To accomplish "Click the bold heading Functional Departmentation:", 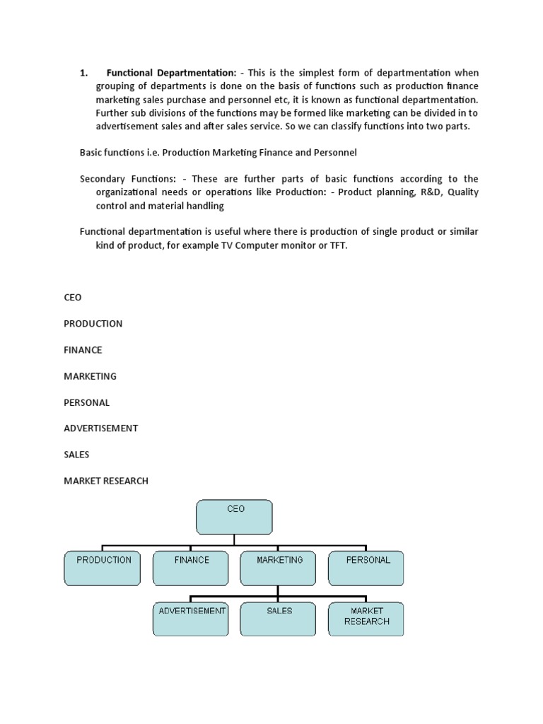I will [x=171, y=73].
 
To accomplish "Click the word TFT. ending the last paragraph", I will [x=339, y=245].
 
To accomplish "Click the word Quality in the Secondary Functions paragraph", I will [x=462, y=192].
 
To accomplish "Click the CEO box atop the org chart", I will [x=234, y=517].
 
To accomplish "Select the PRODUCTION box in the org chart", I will [x=103, y=568].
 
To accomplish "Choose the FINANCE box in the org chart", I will [x=192, y=568].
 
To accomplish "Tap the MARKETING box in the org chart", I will [x=279, y=568].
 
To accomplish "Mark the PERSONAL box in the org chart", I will [x=367, y=568].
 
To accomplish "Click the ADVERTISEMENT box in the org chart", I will [x=192, y=619].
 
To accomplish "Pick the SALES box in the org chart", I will [x=279, y=619].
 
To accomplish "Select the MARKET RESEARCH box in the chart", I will [x=366, y=619].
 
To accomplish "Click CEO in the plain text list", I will [x=73, y=298].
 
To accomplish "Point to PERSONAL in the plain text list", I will [x=87, y=402].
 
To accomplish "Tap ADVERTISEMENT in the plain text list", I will [x=101, y=428].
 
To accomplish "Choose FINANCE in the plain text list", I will [x=83, y=350].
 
